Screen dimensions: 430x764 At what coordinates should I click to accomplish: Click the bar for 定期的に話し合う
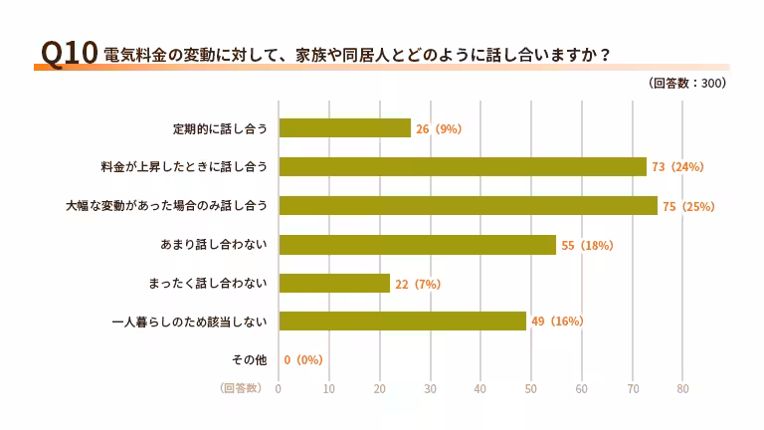[344, 128]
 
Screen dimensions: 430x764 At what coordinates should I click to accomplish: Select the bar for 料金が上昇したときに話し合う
[463, 167]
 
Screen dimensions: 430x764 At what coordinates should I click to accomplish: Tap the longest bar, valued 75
[468, 206]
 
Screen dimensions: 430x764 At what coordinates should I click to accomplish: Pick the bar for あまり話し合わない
[417, 245]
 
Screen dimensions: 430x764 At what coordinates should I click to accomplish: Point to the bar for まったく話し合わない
[334, 284]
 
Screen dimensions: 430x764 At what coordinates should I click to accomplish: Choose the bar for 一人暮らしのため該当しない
[402, 322]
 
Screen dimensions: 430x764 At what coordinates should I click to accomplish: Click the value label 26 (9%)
[439, 129]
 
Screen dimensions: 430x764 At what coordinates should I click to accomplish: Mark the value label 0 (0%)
[303, 360]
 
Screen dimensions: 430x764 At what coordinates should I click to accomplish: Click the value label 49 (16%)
[557, 322]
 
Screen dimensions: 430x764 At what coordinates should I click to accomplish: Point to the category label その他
[249, 360]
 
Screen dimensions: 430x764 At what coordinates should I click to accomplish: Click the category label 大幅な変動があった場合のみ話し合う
[167, 206]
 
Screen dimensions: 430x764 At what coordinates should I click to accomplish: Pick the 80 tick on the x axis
[682, 388]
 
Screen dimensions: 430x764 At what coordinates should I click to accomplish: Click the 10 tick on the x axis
[329, 388]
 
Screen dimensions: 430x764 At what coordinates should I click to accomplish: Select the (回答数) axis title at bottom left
[241, 388]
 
